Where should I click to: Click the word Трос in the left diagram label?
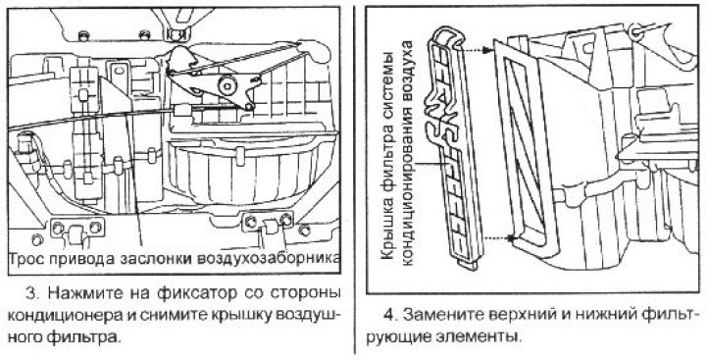pos(27,258)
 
